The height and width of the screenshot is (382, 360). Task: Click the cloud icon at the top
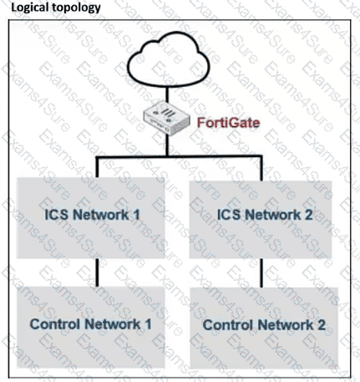[x=169, y=59]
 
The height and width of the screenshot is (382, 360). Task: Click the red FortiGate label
[x=228, y=123]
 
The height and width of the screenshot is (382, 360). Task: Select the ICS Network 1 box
[x=91, y=218]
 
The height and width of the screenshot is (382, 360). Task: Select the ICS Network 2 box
[x=261, y=220]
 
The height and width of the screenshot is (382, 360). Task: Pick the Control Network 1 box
[x=91, y=327]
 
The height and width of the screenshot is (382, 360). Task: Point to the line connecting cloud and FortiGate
[x=167, y=95]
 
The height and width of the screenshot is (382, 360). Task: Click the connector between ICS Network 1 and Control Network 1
[x=97, y=272]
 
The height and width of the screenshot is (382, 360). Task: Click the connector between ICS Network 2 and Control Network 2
[x=261, y=273]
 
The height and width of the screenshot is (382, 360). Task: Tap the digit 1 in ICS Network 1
[x=136, y=215]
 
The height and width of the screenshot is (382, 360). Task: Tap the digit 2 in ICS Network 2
[x=308, y=215]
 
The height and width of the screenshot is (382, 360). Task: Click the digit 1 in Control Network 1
[x=148, y=324]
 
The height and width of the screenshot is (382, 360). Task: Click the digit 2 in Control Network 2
[x=321, y=325]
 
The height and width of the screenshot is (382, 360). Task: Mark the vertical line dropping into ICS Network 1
[x=97, y=167]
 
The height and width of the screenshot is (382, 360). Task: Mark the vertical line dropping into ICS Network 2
[x=261, y=168]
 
